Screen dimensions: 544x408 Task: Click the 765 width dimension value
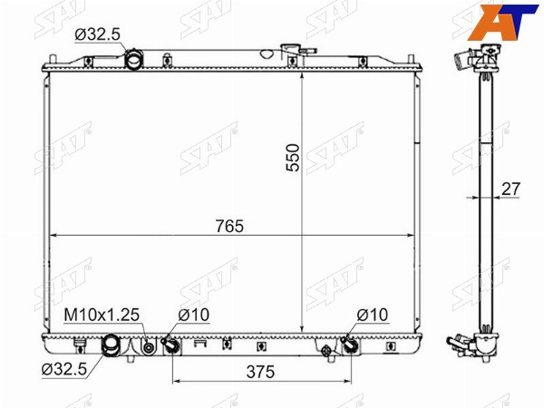229,226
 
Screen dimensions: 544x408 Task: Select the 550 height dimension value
293,158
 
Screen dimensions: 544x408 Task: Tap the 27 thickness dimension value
511,189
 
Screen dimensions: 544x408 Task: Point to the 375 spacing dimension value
260,372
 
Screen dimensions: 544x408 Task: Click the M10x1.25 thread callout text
102,315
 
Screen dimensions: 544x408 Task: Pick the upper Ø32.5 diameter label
98,34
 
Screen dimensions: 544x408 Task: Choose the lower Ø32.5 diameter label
64,370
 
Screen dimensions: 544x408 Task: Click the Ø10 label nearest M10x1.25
194,315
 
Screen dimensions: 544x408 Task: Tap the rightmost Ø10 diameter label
373,315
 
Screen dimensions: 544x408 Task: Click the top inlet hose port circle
133,60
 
